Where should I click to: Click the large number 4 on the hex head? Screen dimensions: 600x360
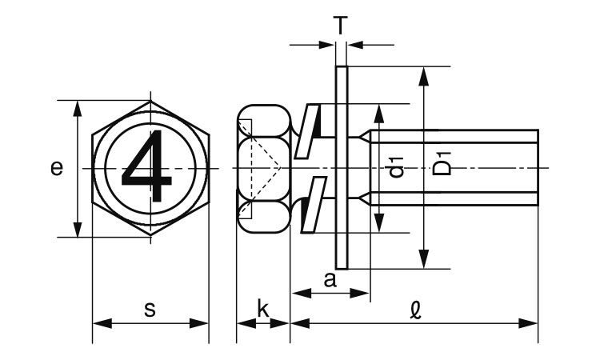click(147, 166)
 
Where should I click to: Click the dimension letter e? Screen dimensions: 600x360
click(57, 168)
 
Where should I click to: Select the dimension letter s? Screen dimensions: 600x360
click(150, 310)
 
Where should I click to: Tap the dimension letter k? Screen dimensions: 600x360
click(263, 309)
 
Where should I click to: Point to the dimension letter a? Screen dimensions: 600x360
click(330, 280)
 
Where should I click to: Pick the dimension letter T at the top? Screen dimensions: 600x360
click(341, 26)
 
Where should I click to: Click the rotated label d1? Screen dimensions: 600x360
click(397, 166)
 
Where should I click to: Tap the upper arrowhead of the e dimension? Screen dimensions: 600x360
click(78, 108)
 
